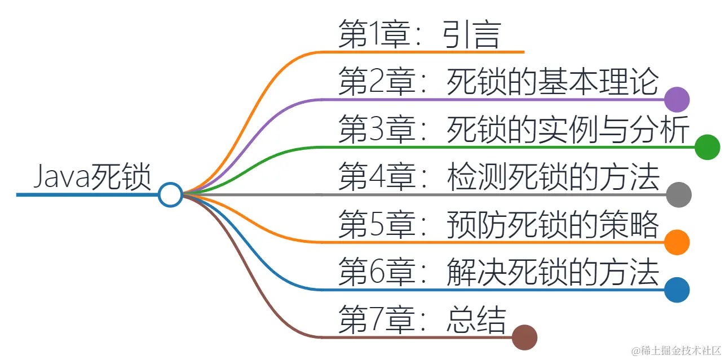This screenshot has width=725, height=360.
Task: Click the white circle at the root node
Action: [170, 195]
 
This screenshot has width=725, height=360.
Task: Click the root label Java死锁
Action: [92, 177]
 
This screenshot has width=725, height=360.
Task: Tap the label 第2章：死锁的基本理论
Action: [498, 82]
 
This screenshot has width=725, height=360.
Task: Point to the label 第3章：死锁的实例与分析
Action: [514, 130]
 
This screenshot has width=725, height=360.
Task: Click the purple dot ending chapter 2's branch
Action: [677, 100]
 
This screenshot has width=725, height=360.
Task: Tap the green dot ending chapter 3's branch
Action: [708, 148]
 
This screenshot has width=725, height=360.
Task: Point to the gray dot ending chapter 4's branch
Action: [679, 195]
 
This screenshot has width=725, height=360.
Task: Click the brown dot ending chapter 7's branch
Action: [525, 337]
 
